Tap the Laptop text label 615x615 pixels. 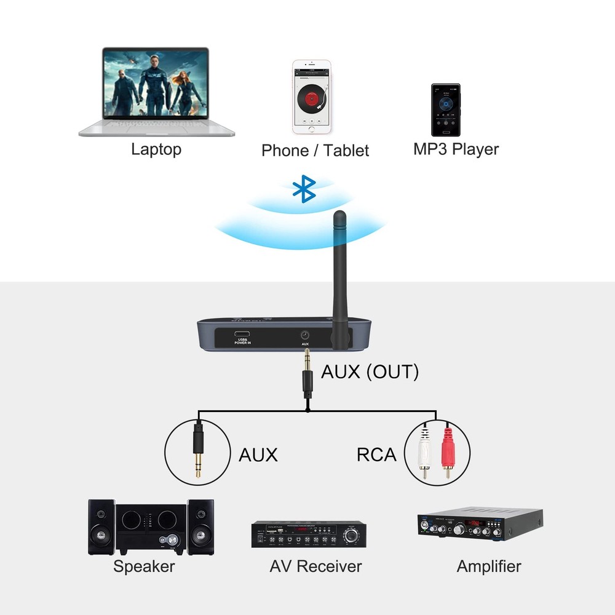[156, 149]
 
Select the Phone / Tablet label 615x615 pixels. [315, 151]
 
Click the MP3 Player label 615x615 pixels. [456, 149]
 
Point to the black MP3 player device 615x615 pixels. [445, 111]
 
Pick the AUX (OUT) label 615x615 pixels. [370, 371]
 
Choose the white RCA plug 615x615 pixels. [424, 452]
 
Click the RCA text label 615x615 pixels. [376, 455]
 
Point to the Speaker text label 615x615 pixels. [144, 566]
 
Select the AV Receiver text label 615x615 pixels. [315, 566]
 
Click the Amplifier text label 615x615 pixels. [489, 566]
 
